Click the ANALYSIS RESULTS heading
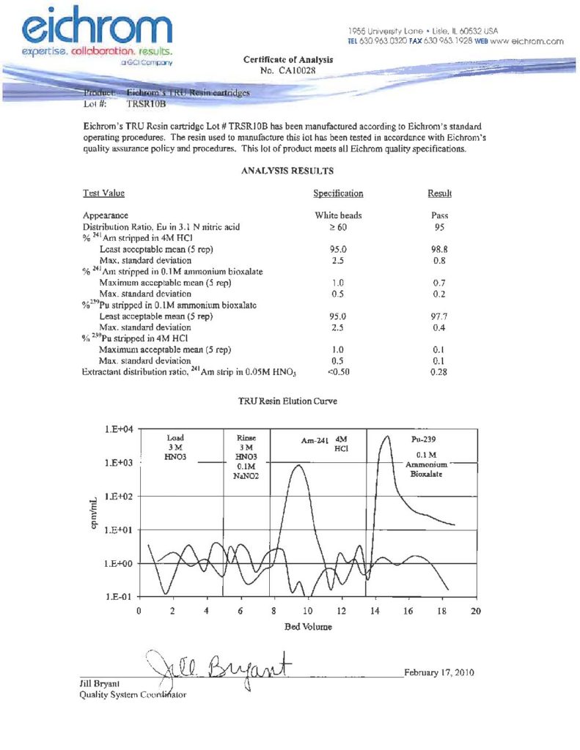tap(287, 171)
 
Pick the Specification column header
tap(338, 193)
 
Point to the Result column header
tap(439, 193)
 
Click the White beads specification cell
tap(338, 216)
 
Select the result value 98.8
tap(440, 250)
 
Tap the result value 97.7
tap(440, 316)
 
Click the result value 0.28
tap(440, 373)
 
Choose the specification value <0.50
tap(338, 373)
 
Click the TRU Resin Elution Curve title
tap(287, 402)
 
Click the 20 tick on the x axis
tap(476, 611)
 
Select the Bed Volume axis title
tap(308, 627)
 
